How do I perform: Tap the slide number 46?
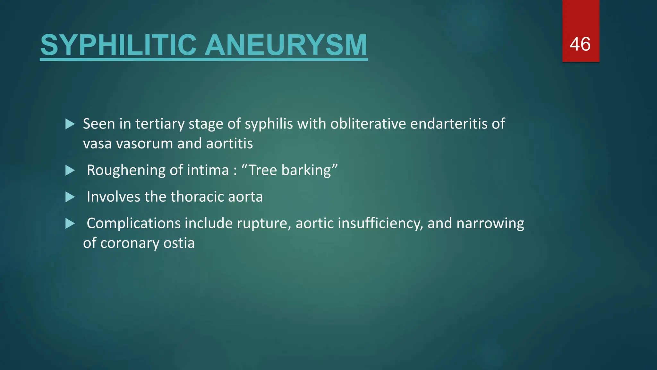coord(580,44)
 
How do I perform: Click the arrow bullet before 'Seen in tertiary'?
coord(70,124)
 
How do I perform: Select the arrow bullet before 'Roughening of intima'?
coord(70,170)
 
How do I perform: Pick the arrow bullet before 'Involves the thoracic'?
coord(70,197)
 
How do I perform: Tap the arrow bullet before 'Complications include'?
coord(70,224)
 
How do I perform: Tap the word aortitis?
coord(229,144)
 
